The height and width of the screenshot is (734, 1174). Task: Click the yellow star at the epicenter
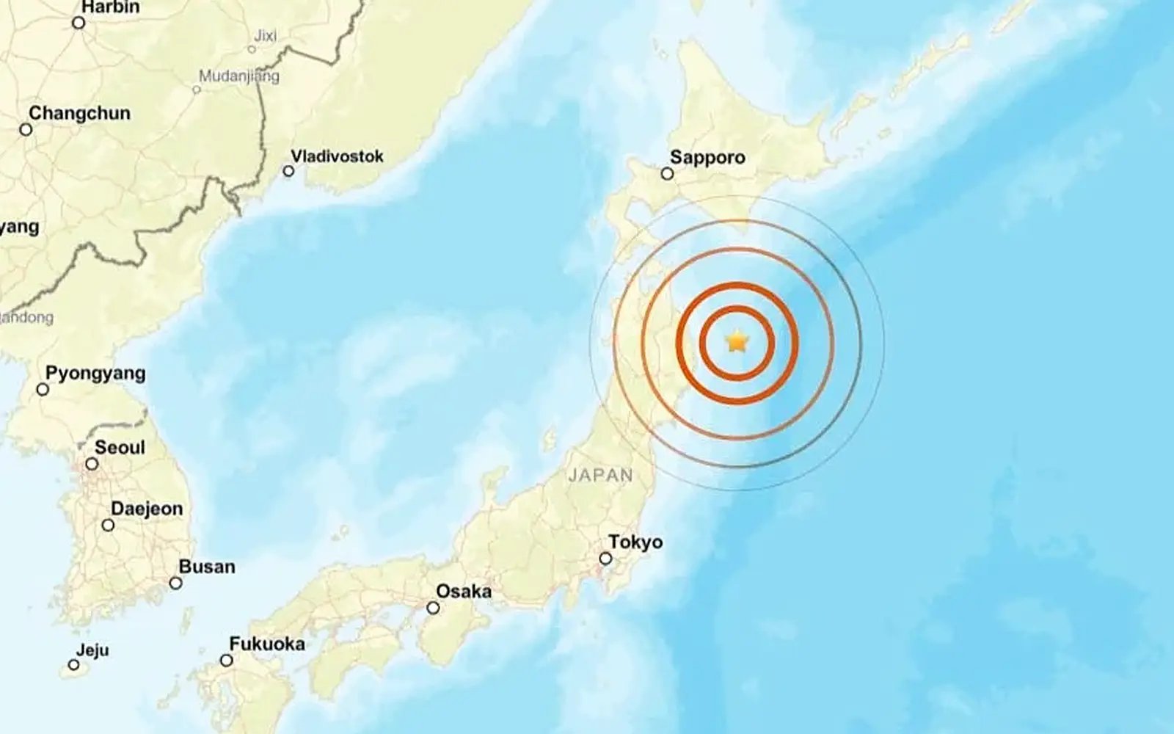736,341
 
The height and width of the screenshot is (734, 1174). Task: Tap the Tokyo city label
635,542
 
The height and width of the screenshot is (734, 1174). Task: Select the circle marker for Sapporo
667,174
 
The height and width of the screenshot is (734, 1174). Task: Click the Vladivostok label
337,156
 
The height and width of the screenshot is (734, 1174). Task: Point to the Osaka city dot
434,608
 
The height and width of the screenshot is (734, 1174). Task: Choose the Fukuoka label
267,644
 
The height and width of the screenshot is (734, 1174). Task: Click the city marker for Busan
176,584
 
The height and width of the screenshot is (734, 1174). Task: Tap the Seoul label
120,447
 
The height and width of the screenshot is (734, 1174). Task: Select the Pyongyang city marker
43,389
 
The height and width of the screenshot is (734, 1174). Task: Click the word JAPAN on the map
600,475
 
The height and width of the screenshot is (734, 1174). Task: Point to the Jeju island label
92,650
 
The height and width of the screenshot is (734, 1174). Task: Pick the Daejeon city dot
108,525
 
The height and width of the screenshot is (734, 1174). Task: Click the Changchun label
79,113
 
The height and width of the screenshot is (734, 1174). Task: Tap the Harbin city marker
79,23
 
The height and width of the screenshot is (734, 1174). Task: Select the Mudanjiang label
239,76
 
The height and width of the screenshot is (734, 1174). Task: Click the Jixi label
266,35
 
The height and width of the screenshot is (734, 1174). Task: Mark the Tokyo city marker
605,559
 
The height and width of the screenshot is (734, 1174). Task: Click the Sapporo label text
707,157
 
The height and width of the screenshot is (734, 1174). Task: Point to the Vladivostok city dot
288,171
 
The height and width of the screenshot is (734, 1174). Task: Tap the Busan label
207,567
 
